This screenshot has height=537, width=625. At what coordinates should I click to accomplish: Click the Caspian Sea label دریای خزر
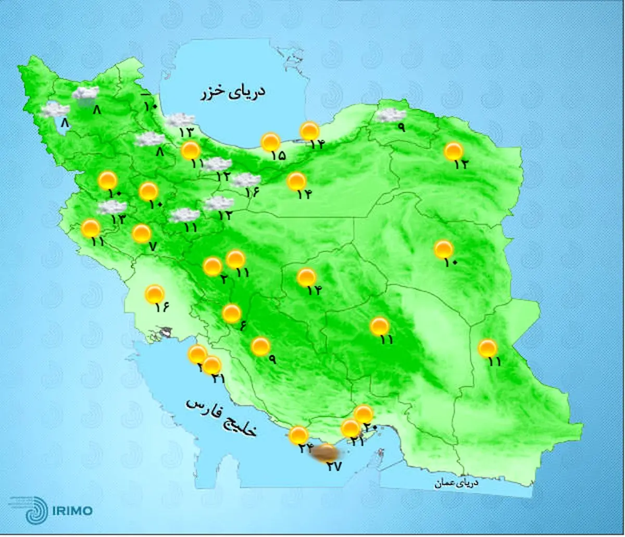point(233,92)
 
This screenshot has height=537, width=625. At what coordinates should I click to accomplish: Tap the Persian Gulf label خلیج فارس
point(221,417)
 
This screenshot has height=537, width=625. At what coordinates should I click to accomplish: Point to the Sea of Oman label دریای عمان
point(457,483)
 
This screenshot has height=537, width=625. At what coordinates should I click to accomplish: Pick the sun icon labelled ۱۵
point(270,142)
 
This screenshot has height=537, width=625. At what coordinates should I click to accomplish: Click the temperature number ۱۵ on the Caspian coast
point(278,155)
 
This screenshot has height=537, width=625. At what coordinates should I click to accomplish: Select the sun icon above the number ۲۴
point(298,435)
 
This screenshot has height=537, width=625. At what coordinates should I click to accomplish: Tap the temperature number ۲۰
point(370,427)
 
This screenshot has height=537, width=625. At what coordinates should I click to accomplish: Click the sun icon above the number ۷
point(141,233)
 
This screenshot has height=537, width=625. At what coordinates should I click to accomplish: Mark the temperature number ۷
point(152,247)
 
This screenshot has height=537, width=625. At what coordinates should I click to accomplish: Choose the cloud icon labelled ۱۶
point(245,180)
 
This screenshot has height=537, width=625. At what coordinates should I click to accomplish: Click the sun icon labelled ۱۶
point(155,294)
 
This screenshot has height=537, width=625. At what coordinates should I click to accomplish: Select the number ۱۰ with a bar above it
point(150,106)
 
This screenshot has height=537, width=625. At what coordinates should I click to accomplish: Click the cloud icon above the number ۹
point(391,115)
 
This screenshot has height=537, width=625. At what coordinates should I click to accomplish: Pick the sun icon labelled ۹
point(260,346)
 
